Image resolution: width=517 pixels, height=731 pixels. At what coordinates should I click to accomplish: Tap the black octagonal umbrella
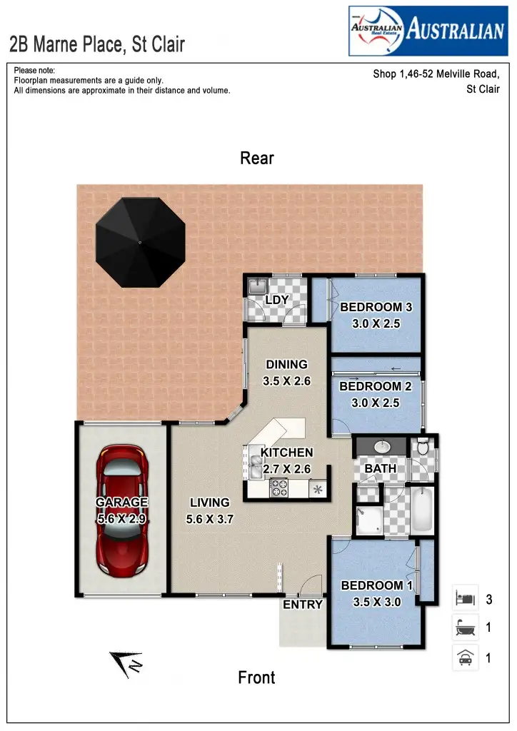140,243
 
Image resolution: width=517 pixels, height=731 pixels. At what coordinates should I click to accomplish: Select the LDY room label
276,300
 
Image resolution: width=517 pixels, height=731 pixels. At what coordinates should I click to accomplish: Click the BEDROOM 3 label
376,308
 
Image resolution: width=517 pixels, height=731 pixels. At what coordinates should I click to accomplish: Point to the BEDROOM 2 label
375,386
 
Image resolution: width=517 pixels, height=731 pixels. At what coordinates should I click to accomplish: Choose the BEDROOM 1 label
377,586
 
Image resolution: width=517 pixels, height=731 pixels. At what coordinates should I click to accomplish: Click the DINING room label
286,365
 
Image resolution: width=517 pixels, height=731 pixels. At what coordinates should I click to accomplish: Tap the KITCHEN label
286,453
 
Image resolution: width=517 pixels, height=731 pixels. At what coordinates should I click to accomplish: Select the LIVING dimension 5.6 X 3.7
210,520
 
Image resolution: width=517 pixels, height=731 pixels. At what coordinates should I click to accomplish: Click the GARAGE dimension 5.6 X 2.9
121,519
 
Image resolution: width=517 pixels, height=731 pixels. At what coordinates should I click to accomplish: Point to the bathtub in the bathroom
422,508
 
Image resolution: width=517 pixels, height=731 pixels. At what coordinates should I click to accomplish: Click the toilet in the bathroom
423,448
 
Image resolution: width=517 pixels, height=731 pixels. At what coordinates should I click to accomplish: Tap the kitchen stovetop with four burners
278,489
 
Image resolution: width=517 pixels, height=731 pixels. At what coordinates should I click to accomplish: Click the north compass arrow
126,664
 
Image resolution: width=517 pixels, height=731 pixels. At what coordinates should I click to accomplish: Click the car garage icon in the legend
465,657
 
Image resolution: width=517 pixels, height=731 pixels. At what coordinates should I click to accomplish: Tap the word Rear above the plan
257,158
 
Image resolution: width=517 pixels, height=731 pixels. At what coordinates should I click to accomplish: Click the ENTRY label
303,605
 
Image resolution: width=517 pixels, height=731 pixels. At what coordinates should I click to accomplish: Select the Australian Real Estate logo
427,31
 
